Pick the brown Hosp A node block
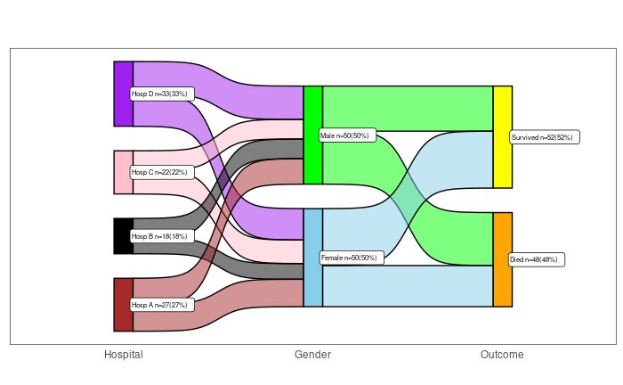(x=123, y=291)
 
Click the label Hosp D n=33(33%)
(x=159, y=94)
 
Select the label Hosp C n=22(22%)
(x=159, y=172)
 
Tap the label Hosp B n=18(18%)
(x=159, y=236)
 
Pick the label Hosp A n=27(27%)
(x=159, y=305)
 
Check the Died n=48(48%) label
(x=538, y=259)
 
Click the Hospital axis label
(x=123, y=355)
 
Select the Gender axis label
(x=312, y=355)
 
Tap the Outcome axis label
(x=502, y=355)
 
